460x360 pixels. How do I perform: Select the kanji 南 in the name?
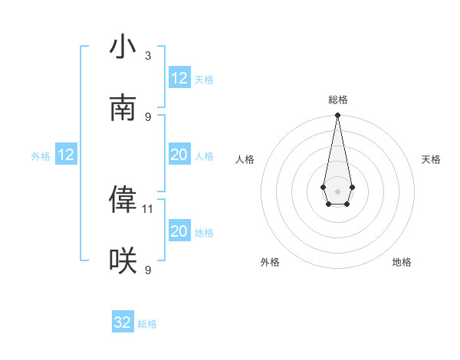123,108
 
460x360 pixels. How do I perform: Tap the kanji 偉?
123,200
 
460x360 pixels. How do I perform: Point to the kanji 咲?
123,261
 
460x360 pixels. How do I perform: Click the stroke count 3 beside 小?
148,55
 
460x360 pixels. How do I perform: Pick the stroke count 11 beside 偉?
148,208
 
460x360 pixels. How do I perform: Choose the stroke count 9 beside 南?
148,116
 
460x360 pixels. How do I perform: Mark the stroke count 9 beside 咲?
148,270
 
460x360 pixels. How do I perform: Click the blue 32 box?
123,322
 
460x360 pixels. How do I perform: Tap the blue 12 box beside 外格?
66,155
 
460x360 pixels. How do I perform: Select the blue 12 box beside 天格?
179,78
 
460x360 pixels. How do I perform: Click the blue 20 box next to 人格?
179,155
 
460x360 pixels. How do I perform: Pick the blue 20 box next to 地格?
179,231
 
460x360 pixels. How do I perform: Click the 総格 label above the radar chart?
337,100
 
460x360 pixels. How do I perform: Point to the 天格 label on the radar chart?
431,159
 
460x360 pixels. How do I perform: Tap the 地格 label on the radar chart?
402,262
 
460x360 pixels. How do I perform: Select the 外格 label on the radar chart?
270,262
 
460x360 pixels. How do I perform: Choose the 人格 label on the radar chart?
245,159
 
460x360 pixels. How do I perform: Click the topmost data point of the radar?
337,116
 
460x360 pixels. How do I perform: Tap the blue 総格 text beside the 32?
147,324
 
